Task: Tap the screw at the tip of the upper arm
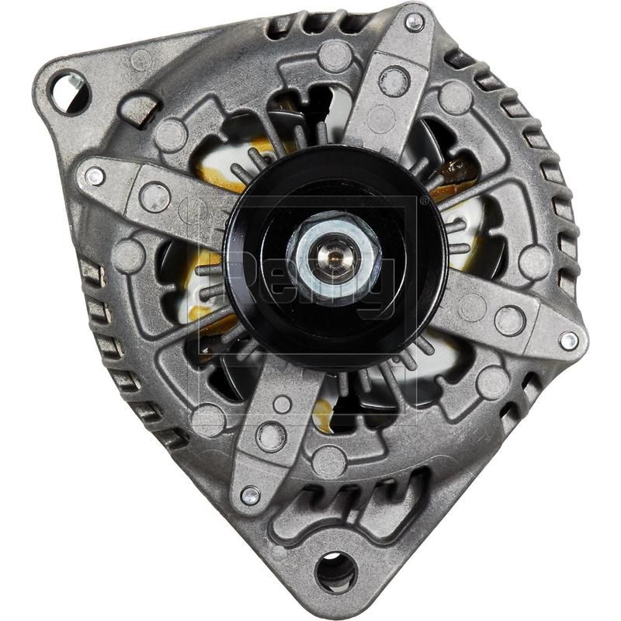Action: [415, 23]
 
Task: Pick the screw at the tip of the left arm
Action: [95, 177]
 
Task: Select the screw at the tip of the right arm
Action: [569, 340]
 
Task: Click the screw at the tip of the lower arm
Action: [249, 494]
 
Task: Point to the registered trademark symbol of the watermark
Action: [424, 200]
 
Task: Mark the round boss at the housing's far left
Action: [129, 255]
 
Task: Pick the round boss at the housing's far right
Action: [535, 261]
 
